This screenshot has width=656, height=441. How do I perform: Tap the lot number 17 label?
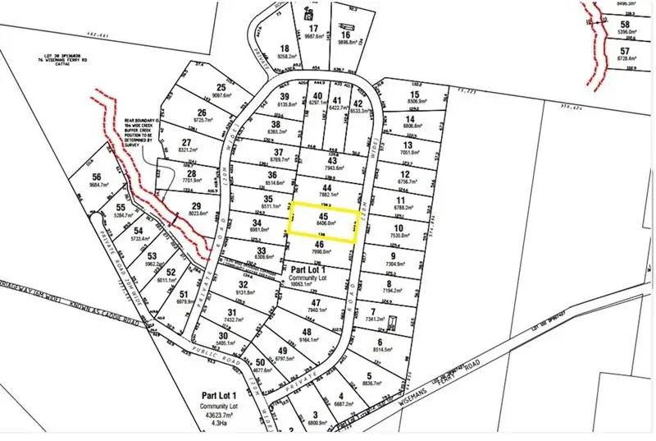(x=312, y=28)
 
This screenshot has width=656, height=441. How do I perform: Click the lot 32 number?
(x=244, y=284)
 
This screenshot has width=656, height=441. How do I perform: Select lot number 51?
(x=184, y=295)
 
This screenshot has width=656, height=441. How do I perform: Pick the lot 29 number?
(x=196, y=206)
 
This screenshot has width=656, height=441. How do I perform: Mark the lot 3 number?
(x=315, y=416)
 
